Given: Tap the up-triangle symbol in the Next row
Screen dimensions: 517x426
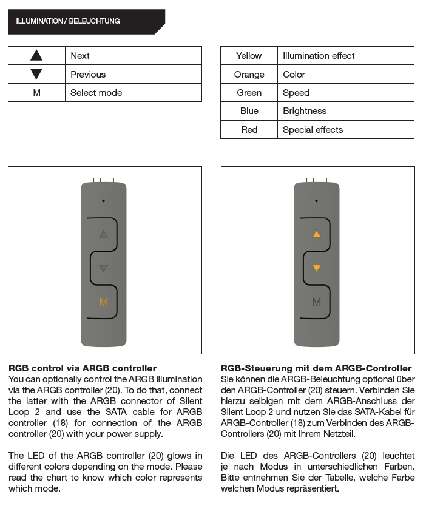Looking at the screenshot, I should click(36, 56).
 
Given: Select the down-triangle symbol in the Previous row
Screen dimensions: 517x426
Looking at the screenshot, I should click(36, 74).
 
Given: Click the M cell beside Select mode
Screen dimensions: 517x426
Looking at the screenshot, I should click(36, 93).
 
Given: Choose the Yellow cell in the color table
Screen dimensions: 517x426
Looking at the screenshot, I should click(249, 56).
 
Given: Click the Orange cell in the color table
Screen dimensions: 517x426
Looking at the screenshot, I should click(249, 75).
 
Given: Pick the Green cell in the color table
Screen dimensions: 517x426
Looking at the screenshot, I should click(249, 93).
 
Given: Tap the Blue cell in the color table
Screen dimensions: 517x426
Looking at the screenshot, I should click(249, 111).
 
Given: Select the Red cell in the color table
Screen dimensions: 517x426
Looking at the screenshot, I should click(249, 130).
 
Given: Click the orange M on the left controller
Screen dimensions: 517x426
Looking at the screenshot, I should click(104, 302).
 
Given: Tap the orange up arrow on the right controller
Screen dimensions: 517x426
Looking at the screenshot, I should click(316, 234).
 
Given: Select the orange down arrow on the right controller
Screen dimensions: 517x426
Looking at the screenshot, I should click(316, 268).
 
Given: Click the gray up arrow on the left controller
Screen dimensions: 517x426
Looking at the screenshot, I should click(103, 234).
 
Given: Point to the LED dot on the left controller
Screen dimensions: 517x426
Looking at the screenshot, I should click(104, 200).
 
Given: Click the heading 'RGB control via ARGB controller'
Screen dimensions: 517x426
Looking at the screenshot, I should click(83, 368).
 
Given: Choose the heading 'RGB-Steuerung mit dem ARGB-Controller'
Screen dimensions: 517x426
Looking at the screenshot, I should click(316, 368).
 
